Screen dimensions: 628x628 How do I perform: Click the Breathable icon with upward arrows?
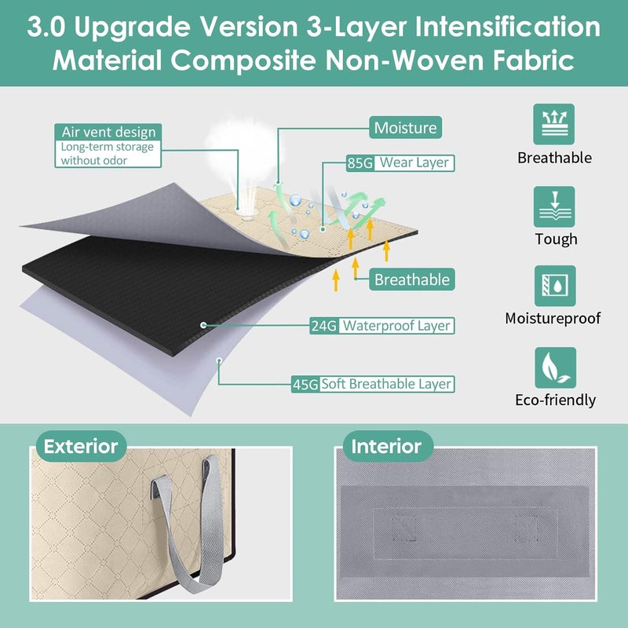(554, 124)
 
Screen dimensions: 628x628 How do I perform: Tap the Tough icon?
(554, 206)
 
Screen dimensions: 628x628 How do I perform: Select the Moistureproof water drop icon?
(554, 286)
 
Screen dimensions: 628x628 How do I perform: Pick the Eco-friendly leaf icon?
(554, 367)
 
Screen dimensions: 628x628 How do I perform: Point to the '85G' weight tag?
(359, 163)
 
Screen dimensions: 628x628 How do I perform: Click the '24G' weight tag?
(323, 325)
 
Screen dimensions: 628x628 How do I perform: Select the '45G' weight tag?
(305, 384)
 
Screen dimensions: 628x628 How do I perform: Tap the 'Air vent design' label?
(108, 132)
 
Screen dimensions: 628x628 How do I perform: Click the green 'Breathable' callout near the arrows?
(411, 279)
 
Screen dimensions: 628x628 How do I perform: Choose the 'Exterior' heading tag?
(80, 447)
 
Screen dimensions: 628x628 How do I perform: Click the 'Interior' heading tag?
(386, 447)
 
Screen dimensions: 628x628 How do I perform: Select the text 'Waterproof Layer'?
(396, 325)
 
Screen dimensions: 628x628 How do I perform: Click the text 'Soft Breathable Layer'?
(386, 384)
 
